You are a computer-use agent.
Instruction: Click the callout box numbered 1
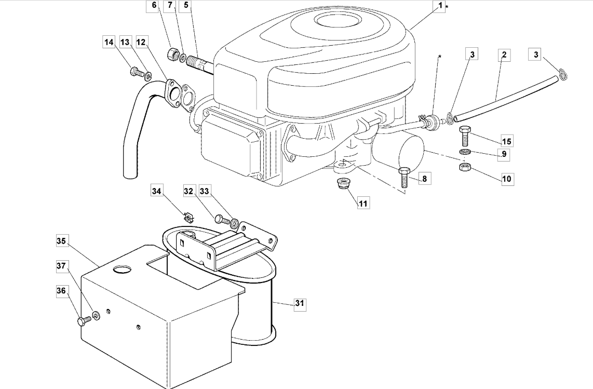click(439, 6)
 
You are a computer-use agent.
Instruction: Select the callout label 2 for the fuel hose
click(504, 55)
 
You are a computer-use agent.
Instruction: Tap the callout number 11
click(362, 203)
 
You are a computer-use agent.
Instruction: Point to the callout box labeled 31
click(300, 303)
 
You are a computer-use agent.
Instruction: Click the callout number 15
click(507, 141)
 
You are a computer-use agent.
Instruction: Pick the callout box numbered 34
click(157, 191)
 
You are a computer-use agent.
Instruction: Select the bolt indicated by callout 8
click(403, 178)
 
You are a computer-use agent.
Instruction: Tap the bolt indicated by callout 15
click(465, 136)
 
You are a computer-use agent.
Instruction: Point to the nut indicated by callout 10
click(464, 167)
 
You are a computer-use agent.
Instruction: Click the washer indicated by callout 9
click(465, 152)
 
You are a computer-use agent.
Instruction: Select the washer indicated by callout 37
click(97, 315)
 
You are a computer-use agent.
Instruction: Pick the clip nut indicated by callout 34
click(188, 218)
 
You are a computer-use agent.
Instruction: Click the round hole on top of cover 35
click(122, 269)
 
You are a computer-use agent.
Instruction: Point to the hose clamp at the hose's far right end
click(563, 73)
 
